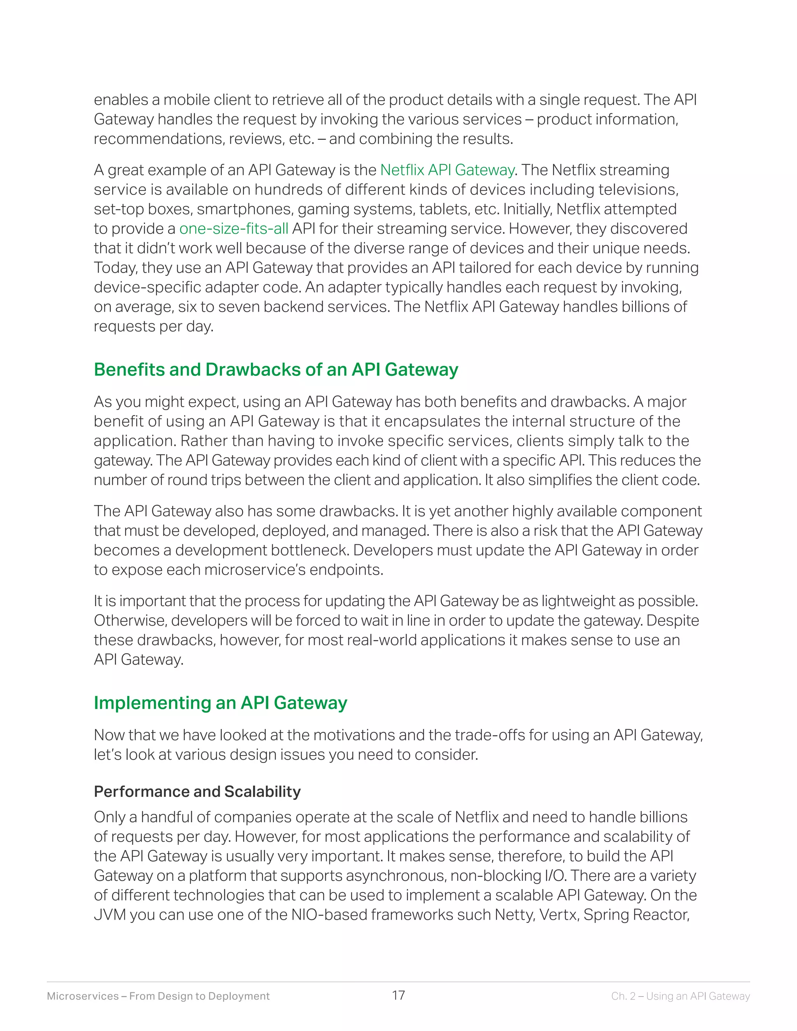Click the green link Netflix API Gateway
[x=447, y=170]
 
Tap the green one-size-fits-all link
[x=234, y=228]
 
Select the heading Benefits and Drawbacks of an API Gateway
[x=276, y=370]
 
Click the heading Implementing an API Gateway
[x=221, y=703]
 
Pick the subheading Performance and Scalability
[x=197, y=792]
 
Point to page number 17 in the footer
[x=398, y=996]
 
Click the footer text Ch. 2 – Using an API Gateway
[x=680, y=996]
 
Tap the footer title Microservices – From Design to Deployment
[x=158, y=996]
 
